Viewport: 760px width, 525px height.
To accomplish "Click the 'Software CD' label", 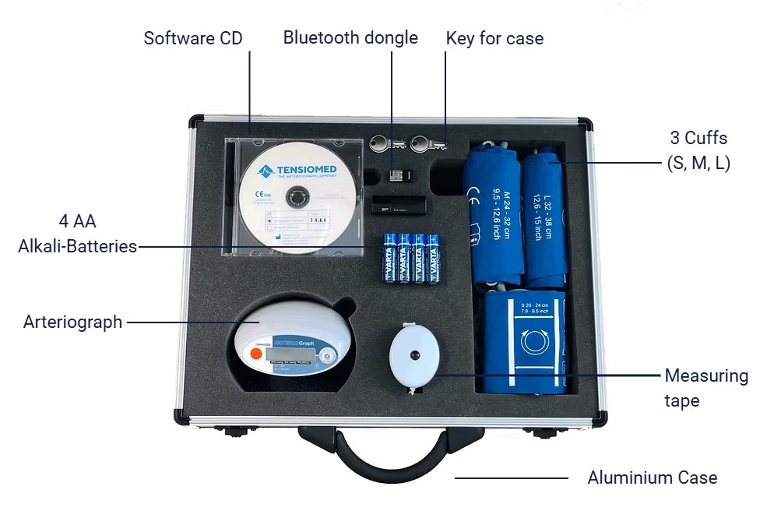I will click(193, 38).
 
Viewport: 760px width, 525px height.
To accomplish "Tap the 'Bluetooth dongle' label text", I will click(350, 37).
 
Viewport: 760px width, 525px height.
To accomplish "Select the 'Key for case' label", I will click(494, 38).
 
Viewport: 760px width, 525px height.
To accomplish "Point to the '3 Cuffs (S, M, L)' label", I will click(698, 150).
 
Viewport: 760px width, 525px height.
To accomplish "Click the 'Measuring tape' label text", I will click(705, 388).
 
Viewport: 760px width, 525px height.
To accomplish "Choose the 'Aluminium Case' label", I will click(652, 477).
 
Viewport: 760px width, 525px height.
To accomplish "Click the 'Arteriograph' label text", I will click(72, 322).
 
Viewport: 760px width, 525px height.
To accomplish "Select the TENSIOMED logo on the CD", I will click(295, 169).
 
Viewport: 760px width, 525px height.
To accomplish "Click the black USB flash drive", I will click(398, 206).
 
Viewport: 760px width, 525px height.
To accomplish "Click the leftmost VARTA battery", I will click(389, 258).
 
